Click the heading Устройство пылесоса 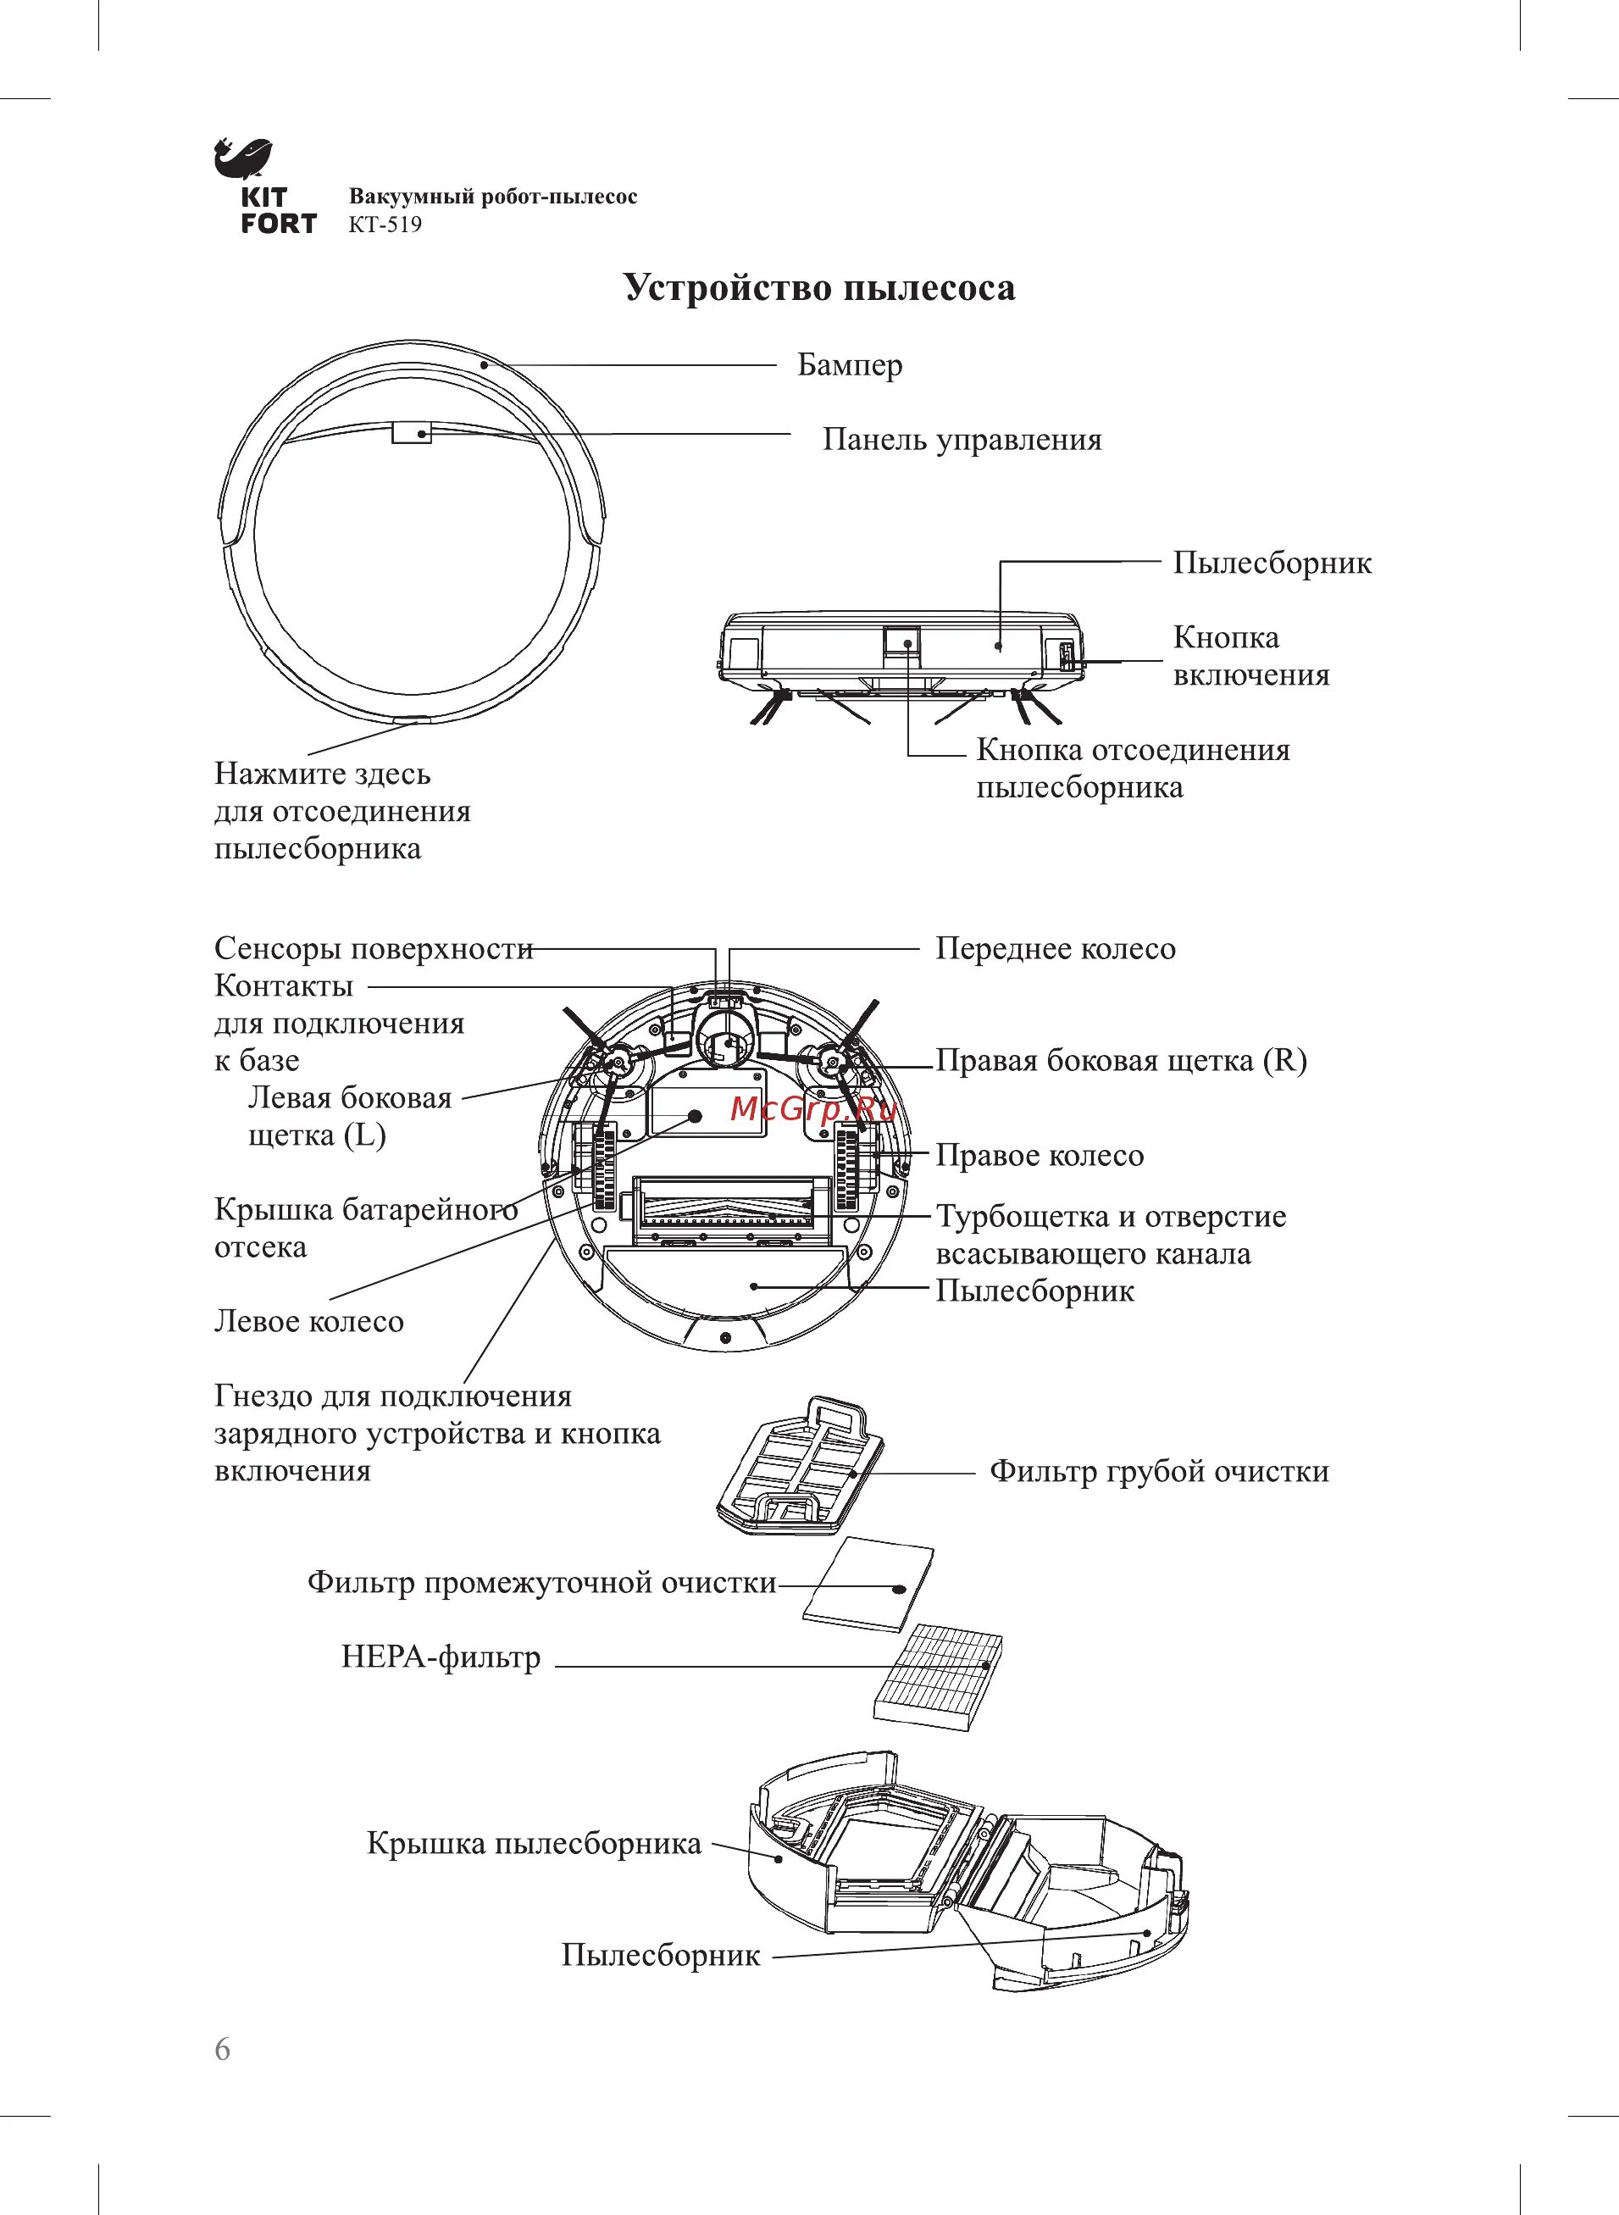pos(819,288)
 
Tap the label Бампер pos(850,365)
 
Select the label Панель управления pos(962,440)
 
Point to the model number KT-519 pos(385,225)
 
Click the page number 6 pos(224,2050)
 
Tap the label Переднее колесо pos(1055,949)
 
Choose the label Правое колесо pos(1039,1156)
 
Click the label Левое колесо pos(308,1322)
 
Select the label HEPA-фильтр pos(441,1657)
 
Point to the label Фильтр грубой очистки pos(1158,1471)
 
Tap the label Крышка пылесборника pos(534,1844)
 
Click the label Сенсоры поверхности pos(374,949)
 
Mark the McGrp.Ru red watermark pos(814,1109)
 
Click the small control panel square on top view pos(412,432)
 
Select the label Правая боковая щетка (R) pos(1120,1060)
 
